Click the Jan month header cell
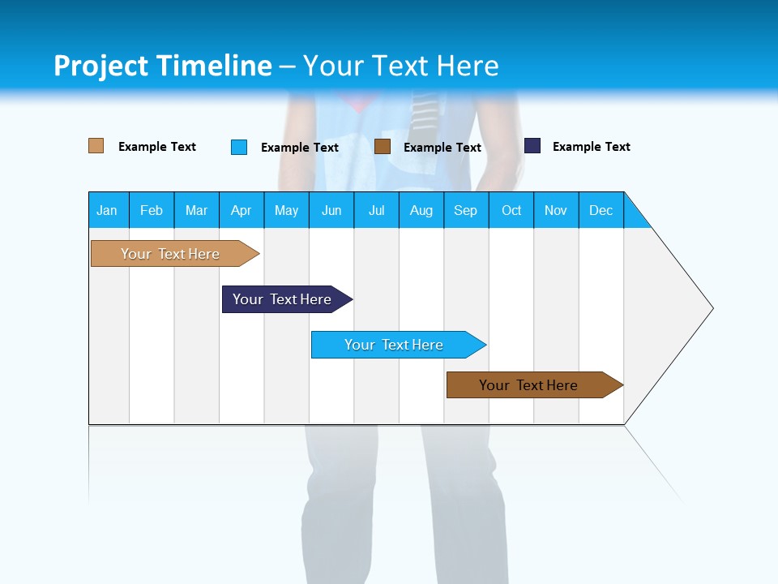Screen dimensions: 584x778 pyautogui.click(x=108, y=210)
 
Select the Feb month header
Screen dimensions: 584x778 pyautogui.click(x=152, y=210)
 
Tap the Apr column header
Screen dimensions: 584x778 pyautogui.click(x=242, y=210)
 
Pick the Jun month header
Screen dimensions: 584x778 pyautogui.click(x=331, y=210)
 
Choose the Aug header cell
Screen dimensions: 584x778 pyautogui.click(x=421, y=210)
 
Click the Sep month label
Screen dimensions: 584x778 pyautogui.click(x=466, y=210)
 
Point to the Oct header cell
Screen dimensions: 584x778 pyautogui.click(x=511, y=210)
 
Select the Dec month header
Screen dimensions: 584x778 pyautogui.click(x=601, y=210)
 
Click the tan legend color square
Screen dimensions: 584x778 pyautogui.click(x=96, y=146)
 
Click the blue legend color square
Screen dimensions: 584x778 pyautogui.click(x=239, y=147)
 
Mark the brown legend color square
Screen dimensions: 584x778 pyautogui.click(x=383, y=146)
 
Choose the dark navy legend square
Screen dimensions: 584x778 pyautogui.click(x=532, y=145)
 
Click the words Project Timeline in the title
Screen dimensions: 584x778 pyautogui.click(x=162, y=66)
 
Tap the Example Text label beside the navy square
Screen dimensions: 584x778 pyautogui.click(x=591, y=147)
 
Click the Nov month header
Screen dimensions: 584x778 pyautogui.click(x=556, y=210)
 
